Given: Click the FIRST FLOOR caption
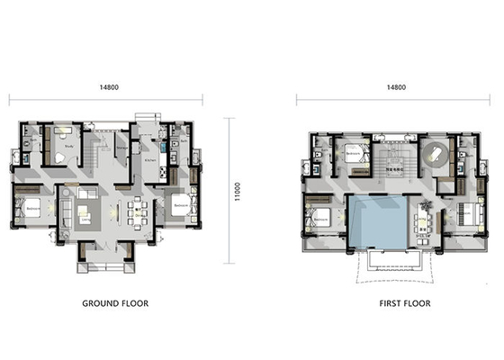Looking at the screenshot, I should tap(393, 303).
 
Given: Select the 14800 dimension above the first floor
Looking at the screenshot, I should tap(395, 88).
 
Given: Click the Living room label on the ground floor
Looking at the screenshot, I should tap(85, 218).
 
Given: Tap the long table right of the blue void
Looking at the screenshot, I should tap(424, 220).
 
